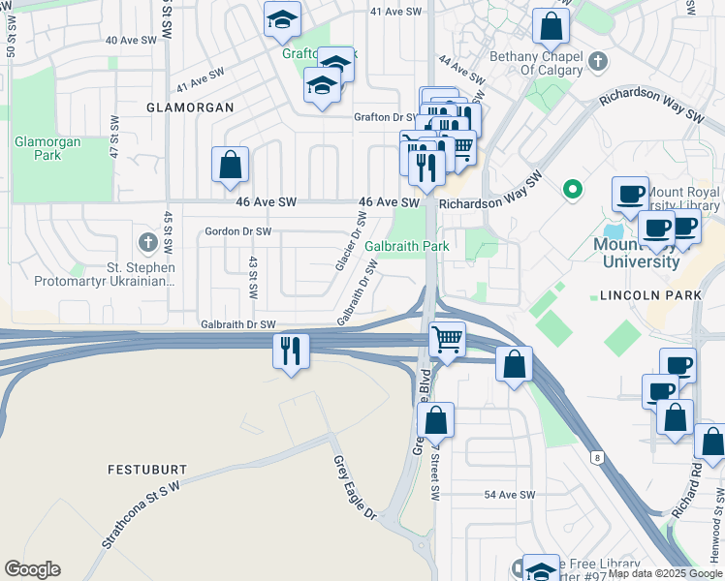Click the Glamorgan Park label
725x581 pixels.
47,148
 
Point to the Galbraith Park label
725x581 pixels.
407,246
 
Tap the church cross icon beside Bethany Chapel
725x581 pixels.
598,63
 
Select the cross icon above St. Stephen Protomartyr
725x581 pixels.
147,241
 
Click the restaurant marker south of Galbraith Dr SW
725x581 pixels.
291,351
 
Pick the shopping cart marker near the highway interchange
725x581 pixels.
446,340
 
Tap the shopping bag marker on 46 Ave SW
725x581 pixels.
231,165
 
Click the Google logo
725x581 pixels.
32,569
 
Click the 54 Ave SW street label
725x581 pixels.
510,495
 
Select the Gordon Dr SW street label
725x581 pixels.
238,231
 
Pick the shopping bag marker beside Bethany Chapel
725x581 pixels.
551,27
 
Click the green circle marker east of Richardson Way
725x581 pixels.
572,189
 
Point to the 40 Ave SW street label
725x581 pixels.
131,41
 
